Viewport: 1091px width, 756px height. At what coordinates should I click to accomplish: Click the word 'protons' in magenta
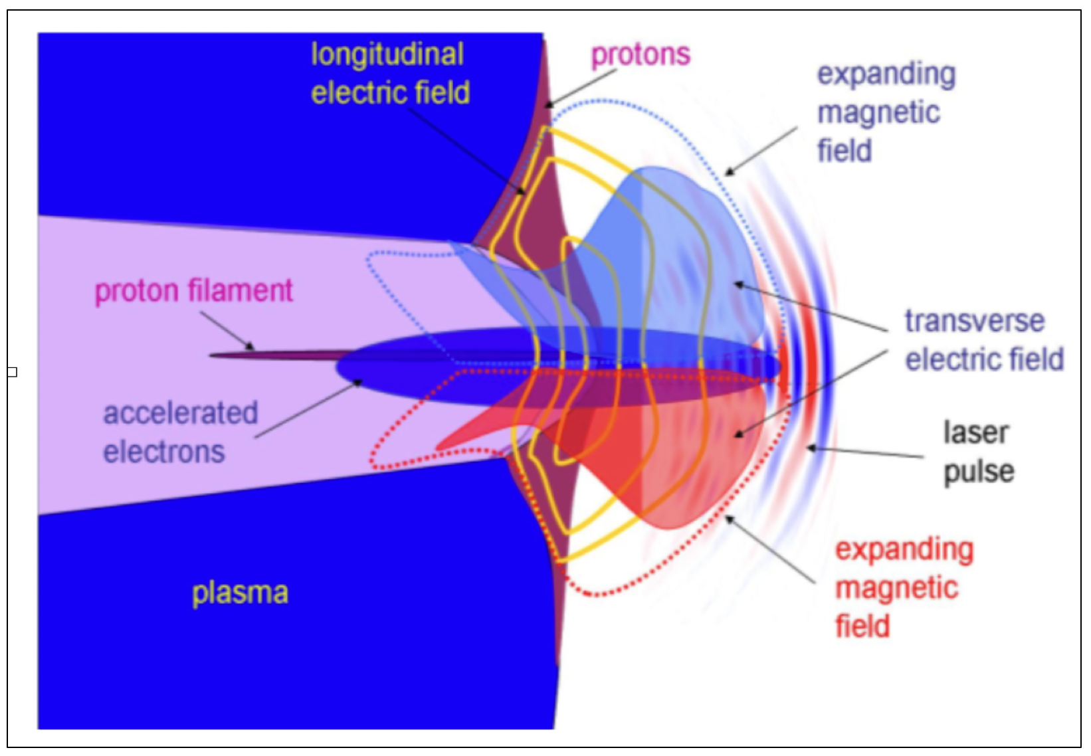641,54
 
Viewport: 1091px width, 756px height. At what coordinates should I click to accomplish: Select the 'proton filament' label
193,290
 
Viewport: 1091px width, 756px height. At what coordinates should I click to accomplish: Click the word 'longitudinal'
387,54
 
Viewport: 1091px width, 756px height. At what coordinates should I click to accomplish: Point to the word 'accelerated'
180,413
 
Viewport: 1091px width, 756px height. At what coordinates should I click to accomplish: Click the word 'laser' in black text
975,432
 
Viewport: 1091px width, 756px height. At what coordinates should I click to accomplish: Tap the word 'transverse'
974,321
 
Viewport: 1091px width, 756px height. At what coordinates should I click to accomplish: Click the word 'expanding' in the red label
904,549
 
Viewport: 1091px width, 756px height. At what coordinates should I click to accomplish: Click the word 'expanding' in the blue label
886,74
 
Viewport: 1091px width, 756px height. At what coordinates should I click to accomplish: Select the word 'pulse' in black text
979,472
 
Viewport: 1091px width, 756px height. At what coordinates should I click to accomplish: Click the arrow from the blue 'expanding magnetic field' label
761,151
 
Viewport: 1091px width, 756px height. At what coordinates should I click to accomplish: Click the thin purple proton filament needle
279,355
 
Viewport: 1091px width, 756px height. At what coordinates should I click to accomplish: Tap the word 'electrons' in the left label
163,452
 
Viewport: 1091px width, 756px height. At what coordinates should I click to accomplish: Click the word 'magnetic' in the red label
896,588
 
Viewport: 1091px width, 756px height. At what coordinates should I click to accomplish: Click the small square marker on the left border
12,371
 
